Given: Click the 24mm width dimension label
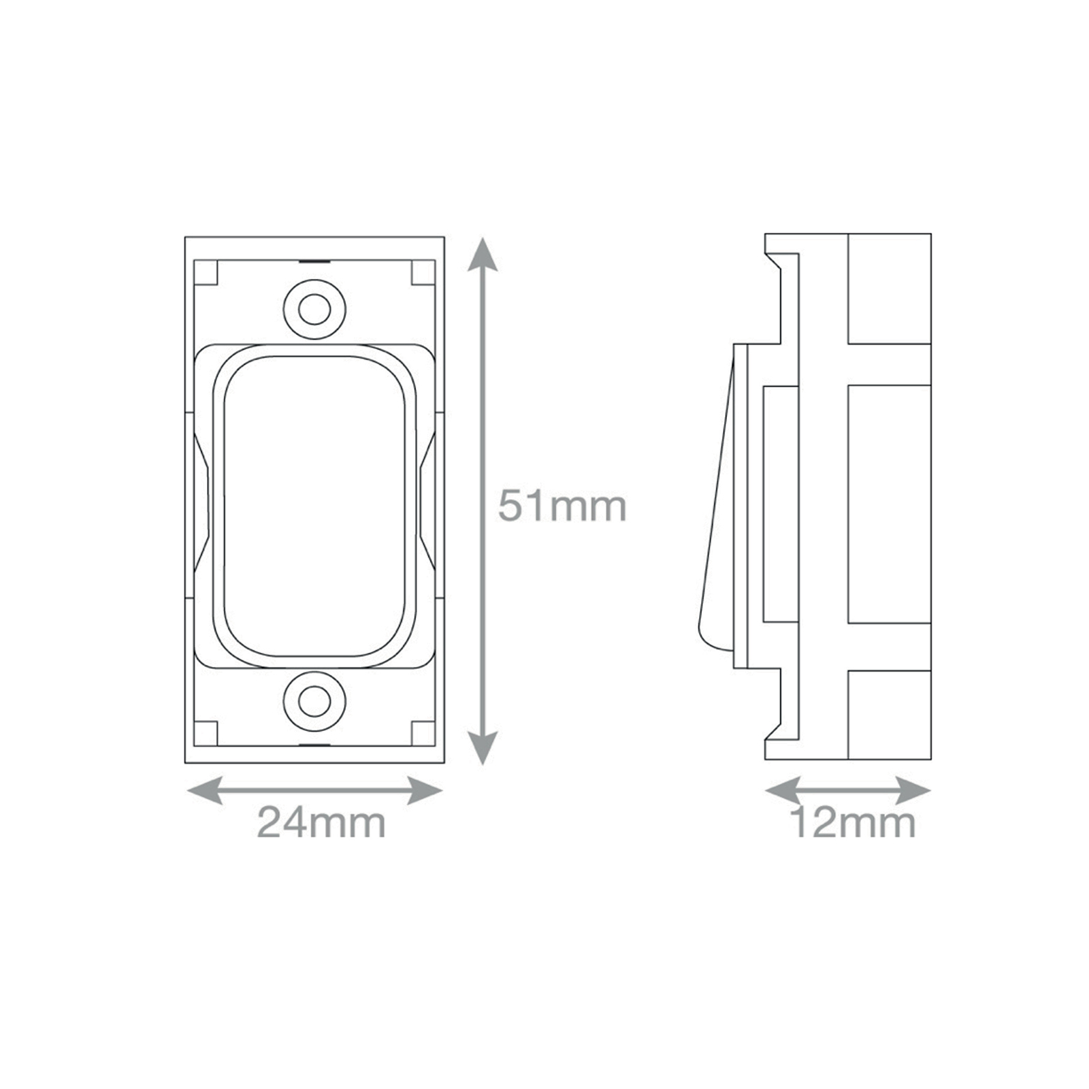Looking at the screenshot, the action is tap(321, 823).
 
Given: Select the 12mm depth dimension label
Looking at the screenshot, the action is tap(852, 823).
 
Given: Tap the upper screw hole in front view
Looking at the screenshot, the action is tap(314, 310).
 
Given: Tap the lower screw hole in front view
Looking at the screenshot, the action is tap(314, 702).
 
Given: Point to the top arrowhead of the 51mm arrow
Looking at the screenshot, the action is tap(483, 253).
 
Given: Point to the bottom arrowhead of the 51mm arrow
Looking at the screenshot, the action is tap(483, 748).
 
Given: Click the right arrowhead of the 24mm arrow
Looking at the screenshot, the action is tap(425, 790).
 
